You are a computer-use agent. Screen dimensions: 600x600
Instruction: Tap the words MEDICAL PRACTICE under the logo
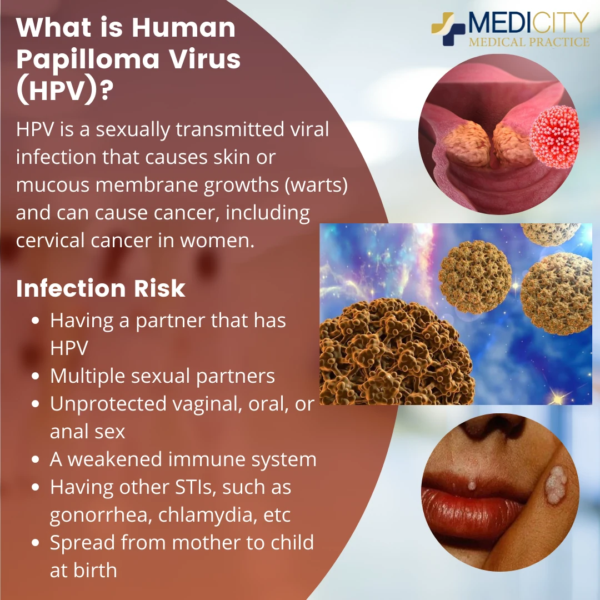529,42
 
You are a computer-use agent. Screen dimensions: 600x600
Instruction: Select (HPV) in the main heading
57,91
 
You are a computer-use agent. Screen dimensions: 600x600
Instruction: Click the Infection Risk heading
101,288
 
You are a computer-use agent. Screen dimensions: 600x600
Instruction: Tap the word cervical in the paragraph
50,241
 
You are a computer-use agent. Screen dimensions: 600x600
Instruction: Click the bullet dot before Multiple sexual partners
35,376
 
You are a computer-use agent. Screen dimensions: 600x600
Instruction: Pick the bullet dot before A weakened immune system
35,459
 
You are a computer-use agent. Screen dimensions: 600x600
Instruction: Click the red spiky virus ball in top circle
554,137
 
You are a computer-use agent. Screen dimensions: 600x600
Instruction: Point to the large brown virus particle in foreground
396,352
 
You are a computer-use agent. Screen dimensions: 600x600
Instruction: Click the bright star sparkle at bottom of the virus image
558,399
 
